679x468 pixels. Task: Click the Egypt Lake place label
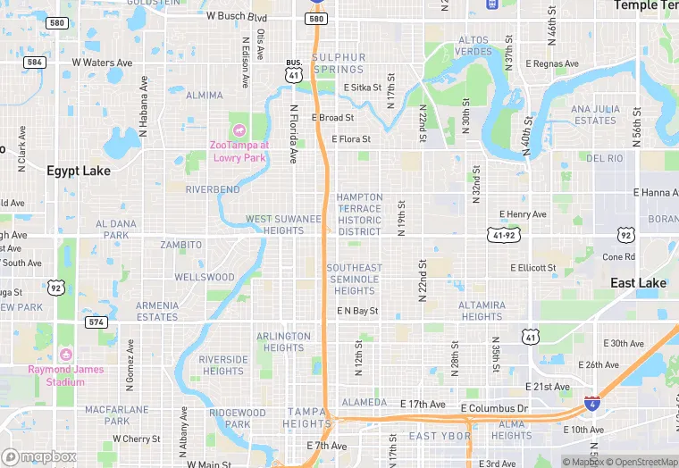[79, 171]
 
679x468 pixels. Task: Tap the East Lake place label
[638, 283]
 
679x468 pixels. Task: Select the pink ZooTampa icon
[239, 131]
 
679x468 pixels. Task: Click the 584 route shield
[35, 63]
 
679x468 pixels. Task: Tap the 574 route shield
[96, 321]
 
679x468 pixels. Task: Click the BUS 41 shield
[294, 72]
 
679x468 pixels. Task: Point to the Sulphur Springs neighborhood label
[339, 63]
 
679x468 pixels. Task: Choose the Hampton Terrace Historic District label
[359, 214]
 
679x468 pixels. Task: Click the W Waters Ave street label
[102, 63]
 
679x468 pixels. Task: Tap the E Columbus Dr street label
[497, 408]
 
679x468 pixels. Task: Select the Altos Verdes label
[474, 46]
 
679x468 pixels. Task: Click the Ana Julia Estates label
[595, 114]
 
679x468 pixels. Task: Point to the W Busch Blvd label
[237, 16]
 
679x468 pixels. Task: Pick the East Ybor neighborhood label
[440, 436]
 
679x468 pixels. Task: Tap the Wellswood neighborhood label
[204, 278]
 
